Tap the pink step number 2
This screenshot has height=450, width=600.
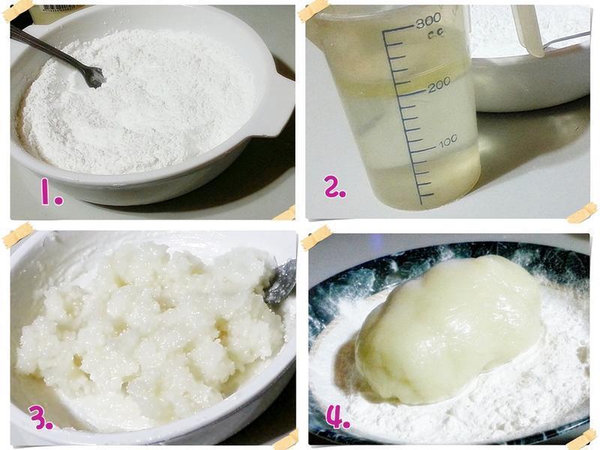pyautogui.click(x=335, y=187)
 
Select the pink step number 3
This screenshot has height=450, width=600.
pyautogui.click(x=41, y=418)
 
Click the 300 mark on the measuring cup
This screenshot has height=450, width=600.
pyautogui.click(x=428, y=21)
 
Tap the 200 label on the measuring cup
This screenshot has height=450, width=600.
pyautogui.click(x=439, y=85)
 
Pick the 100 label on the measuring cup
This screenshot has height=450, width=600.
pyautogui.click(x=448, y=141)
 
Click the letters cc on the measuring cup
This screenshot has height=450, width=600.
pyautogui.click(x=436, y=34)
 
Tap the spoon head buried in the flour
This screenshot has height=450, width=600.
pyautogui.click(x=94, y=76)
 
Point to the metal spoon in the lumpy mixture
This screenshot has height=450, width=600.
pyautogui.click(x=280, y=281)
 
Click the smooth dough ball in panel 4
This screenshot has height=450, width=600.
pyautogui.click(x=448, y=329)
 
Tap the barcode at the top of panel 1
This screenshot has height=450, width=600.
pyautogui.click(x=58, y=8)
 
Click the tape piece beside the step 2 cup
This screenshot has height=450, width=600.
pyautogui.click(x=582, y=213)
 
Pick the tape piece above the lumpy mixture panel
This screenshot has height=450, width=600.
pyautogui.click(x=18, y=235)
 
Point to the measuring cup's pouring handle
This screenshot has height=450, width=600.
pyautogui.click(x=528, y=31)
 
